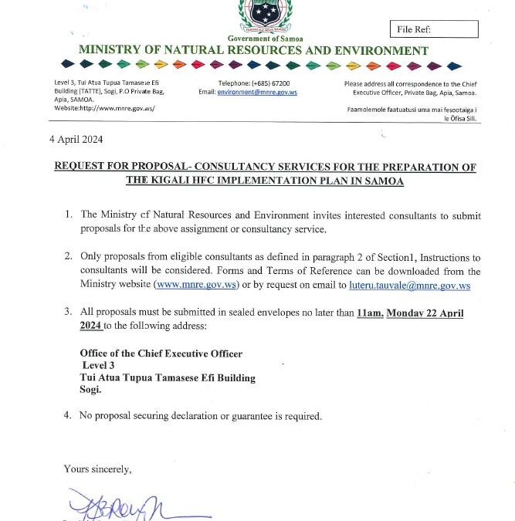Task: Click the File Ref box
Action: pyautogui.click(x=434, y=29)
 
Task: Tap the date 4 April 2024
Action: pyautogui.click(x=76, y=140)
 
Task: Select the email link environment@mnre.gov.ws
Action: pyautogui.click(x=257, y=92)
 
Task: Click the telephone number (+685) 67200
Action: pyautogui.click(x=270, y=83)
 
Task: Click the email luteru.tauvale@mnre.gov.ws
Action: pyautogui.click(x=409, y=285)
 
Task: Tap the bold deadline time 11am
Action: pyautogui.click(x=369, y=313)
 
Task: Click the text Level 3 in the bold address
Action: pyautogui.click(x=98, y=366)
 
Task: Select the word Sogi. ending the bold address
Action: pyautogui.click(x=90, y=390)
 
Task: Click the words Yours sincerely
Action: pyautogui.click(x=97, y=469)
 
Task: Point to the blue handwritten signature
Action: pyautogui.click(x=124, y=506)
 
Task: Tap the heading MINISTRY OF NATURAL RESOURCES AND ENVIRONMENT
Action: pyautogui.click(x=253, y=51)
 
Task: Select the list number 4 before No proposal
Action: pyautogui.click(x=67, y=416)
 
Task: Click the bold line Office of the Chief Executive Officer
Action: pyautogui.click(x=161, y=354)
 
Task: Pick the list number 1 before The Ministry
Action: pyautogui.click(x=68, y=215)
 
